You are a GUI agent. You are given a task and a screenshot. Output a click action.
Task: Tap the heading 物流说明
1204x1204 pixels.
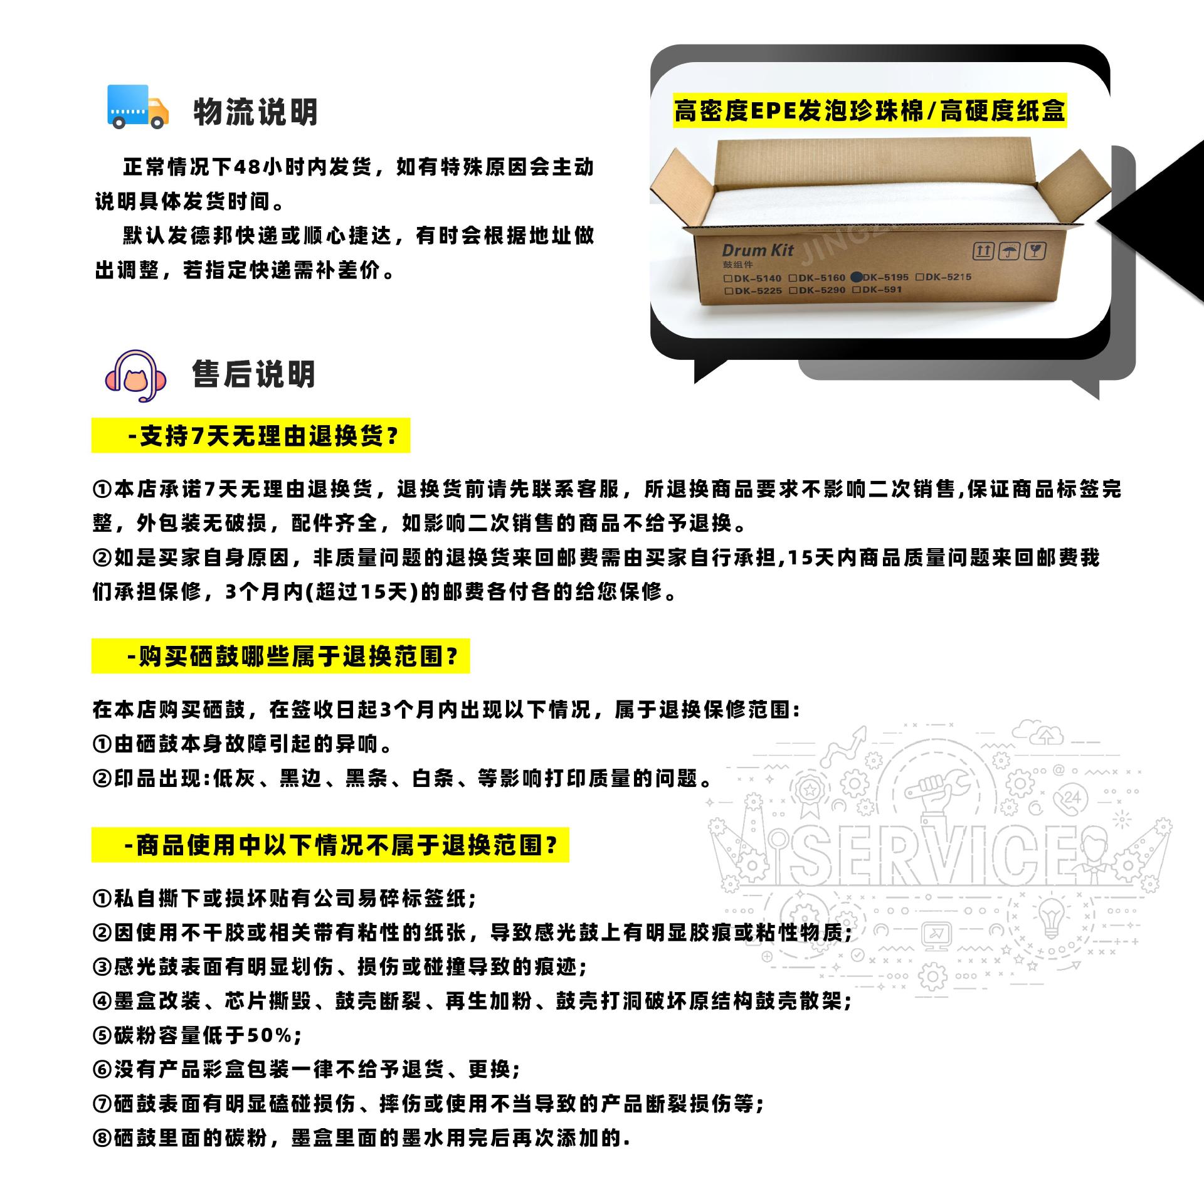click(255, 112)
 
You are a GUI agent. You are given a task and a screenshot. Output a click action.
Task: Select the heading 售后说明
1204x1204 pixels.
click(254, 375)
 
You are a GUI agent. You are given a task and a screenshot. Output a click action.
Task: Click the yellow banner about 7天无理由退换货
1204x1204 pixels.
click(251, 436)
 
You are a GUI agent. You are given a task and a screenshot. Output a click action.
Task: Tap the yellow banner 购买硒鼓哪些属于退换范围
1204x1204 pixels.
click(280, 657)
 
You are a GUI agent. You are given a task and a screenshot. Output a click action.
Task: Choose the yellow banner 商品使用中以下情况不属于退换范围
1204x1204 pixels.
click(330, 845)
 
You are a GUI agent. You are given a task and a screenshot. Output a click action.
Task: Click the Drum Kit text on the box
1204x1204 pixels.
click(758, 251)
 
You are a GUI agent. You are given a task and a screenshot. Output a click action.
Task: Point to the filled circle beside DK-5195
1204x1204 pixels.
click(857, 277)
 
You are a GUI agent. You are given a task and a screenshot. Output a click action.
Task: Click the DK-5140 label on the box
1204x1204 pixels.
click(757, 278)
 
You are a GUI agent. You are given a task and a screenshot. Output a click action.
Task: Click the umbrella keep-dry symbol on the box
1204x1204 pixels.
click(1008, 252)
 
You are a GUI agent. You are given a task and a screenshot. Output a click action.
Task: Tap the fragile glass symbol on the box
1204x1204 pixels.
click(1035, 252)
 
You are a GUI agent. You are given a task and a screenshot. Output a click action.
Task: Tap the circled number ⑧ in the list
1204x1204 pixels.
click(102, 1138)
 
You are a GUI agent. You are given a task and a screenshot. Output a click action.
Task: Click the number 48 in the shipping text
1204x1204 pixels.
click(247, 167)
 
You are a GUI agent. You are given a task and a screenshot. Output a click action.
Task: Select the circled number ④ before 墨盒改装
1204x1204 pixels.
click(102, 1001)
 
